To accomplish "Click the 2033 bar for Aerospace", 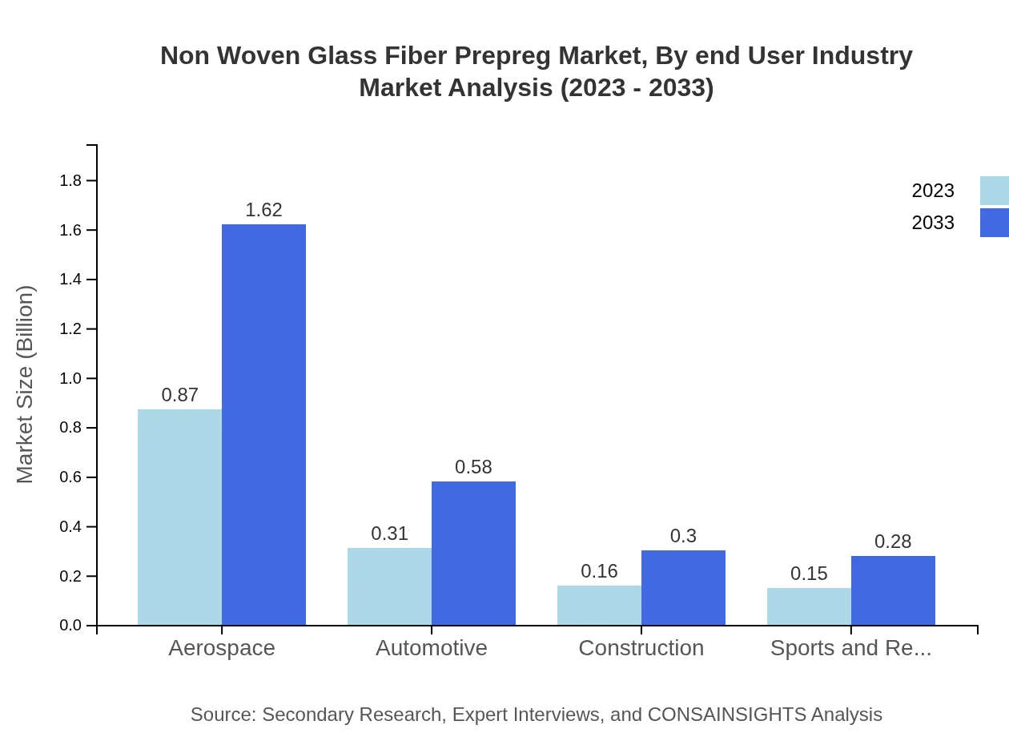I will (x=263, y=425).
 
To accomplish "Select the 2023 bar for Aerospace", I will (x=179, y=517).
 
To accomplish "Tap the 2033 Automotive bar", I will (x=473, y=553).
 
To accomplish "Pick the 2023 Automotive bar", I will (x=389, y=586).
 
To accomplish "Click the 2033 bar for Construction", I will (x=683, y=587).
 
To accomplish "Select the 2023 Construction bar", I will (x=599, y=605).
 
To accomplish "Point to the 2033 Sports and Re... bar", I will (x=893, y=590).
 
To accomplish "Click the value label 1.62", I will (x=263, y=210).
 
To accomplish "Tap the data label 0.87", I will (x=179, y=395).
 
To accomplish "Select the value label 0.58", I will (x=473, y=467).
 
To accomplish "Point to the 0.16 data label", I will (x=599, y=571).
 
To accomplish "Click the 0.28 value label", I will (x=893, y=542).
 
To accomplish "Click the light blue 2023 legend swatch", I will (x=994, y=191).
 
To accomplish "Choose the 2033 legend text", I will (x=933, y=223).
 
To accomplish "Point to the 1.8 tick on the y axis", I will (x=71, y=181).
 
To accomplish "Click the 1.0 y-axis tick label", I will (x=71, y=378).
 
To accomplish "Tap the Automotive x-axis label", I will (x=432, y=647).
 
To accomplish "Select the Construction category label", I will (x=641, y=647).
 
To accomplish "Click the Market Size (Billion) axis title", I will (x=25, y=385).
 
